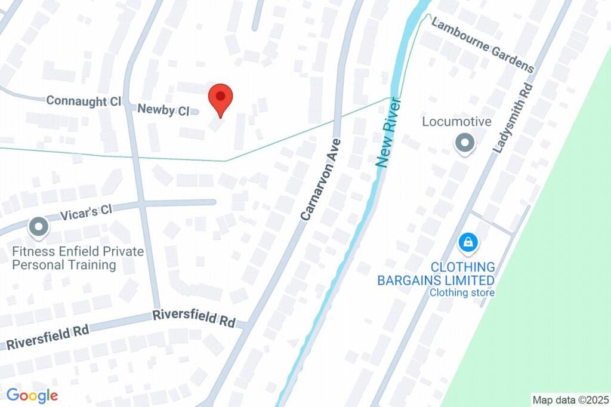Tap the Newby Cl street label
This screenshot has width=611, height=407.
point(163,110)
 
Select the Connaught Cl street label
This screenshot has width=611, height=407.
point(84,101)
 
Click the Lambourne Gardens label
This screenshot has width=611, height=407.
point(482,45)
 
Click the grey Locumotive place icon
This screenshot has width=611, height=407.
point(464,144)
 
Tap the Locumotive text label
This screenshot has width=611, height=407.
point(456,122)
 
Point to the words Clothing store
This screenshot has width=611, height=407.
point(462,292)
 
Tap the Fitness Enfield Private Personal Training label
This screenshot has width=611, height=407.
point(78,258)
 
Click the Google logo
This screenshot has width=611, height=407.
point(32,395)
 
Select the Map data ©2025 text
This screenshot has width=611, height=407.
point(571,400)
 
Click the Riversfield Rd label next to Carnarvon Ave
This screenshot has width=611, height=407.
point(193,317)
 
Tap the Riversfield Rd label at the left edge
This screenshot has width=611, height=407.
point(47,338)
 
